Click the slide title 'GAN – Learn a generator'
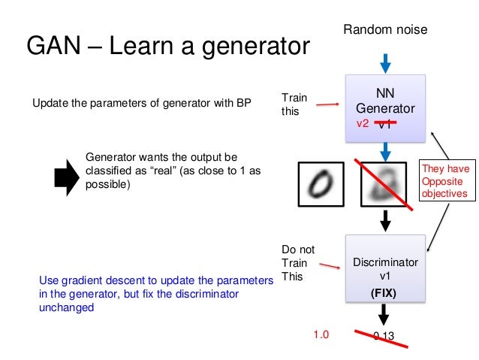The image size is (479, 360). (x=168, y=47)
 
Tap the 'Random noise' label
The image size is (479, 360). (x=385, y=29)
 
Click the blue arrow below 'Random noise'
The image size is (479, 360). (x=385, y=62)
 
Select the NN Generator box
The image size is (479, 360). (x=385, y=107)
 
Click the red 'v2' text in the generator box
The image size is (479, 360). (x=363, y=123)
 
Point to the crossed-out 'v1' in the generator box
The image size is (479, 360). (x=385, y=125)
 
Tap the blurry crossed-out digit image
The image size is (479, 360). (x=385, y=184)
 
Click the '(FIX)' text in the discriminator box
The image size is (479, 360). (x=385, y=294)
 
